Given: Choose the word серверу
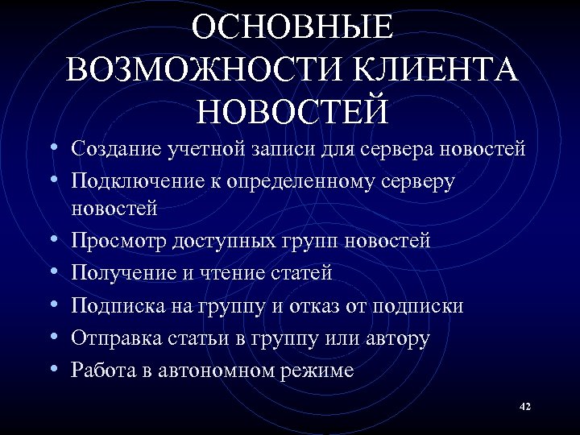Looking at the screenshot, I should coord(417,183).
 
